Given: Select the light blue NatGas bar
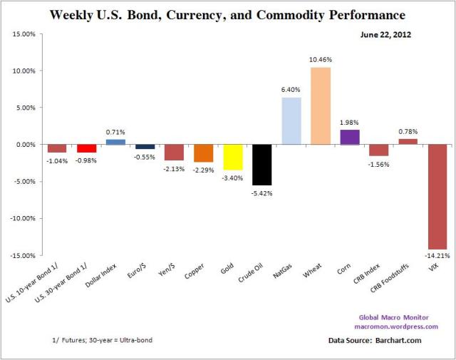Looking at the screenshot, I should click(291, 120).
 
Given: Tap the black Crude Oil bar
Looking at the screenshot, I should click(261, 165).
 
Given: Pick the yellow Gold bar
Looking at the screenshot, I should click(232, 157).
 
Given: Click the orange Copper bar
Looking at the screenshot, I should click(203, 153).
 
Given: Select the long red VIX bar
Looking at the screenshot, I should click(437, 197).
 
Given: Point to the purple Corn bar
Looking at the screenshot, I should click(349, 137).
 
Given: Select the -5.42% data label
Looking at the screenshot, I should click(261, 192).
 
